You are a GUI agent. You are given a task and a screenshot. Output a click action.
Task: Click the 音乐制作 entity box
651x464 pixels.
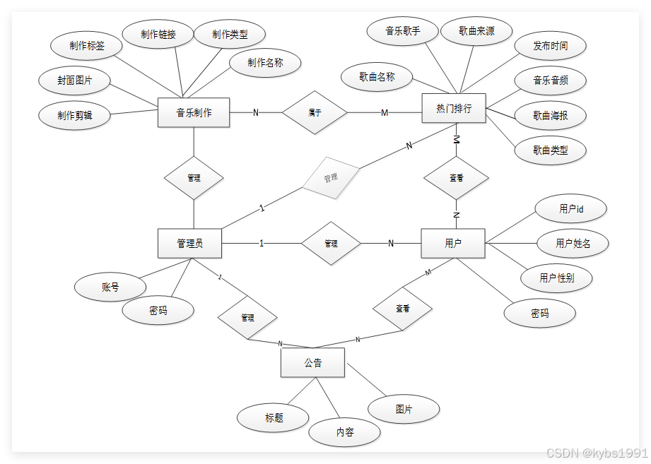coord(193,112)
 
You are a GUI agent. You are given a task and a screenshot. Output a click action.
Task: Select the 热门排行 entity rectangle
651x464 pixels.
coord(453,109)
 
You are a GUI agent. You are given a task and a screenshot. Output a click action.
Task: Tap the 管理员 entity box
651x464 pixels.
coord(189,244)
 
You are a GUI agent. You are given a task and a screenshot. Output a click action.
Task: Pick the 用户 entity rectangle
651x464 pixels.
coord(452,244)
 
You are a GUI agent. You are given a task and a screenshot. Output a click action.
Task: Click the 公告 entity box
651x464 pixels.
coord(312,363)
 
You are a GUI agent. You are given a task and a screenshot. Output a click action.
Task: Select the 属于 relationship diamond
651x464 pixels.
coord(315,112)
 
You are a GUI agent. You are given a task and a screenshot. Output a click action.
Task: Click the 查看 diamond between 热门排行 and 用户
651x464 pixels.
coord(457,178)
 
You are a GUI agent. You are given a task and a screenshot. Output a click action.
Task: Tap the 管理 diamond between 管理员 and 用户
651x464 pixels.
coord(331,244)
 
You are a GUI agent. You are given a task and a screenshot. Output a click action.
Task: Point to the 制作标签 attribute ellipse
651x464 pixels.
coord(87,46)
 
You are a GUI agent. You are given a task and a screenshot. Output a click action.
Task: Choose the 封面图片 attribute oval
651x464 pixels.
coord(75,81)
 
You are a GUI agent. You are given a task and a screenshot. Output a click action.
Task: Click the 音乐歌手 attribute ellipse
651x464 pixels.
coord(403,31)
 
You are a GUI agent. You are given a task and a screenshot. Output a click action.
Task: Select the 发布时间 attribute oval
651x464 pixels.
coord(551,47)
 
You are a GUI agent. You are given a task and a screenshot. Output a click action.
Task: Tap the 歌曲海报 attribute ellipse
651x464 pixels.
coord(551,115)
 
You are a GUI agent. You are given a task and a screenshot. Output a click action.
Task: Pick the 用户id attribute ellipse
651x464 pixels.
coord(571,209)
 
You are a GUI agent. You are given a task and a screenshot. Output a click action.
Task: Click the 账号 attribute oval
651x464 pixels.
coord(110,287)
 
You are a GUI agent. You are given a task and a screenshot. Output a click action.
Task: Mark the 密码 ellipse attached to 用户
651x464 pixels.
coord(539,313)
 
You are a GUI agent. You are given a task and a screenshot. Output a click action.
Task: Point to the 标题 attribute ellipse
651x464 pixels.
coord(274,417)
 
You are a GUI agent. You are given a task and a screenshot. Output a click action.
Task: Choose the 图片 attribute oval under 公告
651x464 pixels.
coord(404,410)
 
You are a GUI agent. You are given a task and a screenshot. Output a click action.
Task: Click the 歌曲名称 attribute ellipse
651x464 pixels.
coord(376,77)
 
